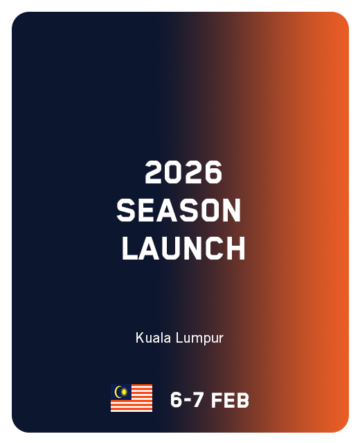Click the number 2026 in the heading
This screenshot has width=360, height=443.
tap(183, 172)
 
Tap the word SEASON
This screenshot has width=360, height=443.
tap(179, 210)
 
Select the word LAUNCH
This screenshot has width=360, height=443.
tap(183, 248)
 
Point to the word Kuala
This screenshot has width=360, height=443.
tap(153, 338)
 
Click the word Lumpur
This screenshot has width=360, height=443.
tap(199, 338)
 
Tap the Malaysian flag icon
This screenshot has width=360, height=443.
tap(132, 398)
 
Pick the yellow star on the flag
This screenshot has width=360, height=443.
tap(123, 392)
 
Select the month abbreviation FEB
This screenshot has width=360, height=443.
tap(230, 400)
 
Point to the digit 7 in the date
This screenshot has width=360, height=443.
tap(199, 400)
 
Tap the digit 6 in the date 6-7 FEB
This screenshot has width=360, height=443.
tap(177, 400)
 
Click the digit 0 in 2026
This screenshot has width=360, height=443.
tap(174, 172)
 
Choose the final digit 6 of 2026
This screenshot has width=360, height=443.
tap(213, 172)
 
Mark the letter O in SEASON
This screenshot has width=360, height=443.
tap(208, 210)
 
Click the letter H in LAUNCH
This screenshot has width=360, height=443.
tap(236, 248)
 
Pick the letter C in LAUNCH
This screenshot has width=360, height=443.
tap(215, 248)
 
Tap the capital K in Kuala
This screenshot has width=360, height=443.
tap(139, 338)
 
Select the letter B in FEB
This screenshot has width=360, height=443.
tap(243, 400)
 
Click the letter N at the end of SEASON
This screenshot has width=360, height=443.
tap(231, 210)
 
